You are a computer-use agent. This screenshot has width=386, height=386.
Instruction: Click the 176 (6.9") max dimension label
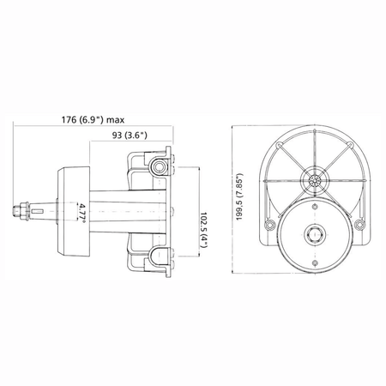pos(93,119)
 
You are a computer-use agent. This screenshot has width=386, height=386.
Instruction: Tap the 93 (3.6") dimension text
pos(130,135)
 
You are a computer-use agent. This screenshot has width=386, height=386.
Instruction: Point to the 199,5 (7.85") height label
pos(239,196)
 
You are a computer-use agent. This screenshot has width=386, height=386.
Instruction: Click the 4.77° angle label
pos(82,212)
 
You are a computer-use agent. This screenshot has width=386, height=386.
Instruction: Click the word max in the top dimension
pos(116,120)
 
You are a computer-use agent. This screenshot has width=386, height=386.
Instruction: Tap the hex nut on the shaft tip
pos(21,211)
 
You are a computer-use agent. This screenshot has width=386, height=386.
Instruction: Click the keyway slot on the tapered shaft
pos(38,211)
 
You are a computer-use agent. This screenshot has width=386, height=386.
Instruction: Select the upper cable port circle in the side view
pos(158,166)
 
